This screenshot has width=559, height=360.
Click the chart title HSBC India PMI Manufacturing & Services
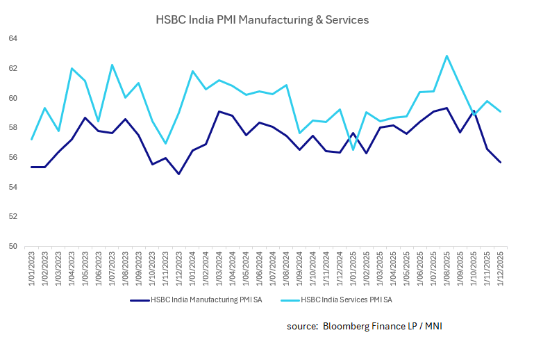(x=262, y=20)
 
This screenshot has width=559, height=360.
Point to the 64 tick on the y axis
(x=12, y=38)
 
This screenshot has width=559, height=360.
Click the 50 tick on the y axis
(x=12, y=246)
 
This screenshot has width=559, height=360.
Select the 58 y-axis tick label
(x=12, y=127)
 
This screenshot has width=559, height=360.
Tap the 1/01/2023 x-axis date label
(x=31, y=267)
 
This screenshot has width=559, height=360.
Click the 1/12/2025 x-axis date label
(x=500, y=267)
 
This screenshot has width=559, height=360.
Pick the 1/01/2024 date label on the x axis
(x=192, y=267)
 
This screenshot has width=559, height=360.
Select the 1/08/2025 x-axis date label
(x=447, y=267)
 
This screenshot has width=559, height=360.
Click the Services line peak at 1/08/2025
(x=447, y=56)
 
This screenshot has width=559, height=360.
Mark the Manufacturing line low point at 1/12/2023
(x=178, y=174)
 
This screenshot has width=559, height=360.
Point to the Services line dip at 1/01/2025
(x=353, y=149)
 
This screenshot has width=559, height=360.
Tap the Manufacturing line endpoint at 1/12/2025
(x=500, y=163)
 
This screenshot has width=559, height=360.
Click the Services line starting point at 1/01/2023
(x=31, y=140)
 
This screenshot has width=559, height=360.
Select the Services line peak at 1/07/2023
(x=112, y=65)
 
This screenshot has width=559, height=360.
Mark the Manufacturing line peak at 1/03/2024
(x=219, y=111)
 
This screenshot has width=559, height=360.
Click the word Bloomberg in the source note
(x=348, y=326)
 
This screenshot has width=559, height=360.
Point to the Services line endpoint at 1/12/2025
(x=500, y=111)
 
